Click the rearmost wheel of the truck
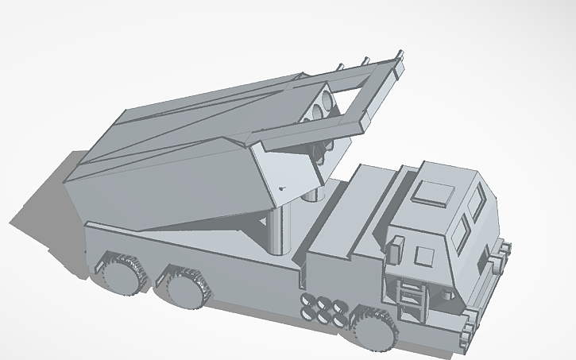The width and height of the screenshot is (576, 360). [121, 274]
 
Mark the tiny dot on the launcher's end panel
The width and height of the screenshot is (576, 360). [280, 188]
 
